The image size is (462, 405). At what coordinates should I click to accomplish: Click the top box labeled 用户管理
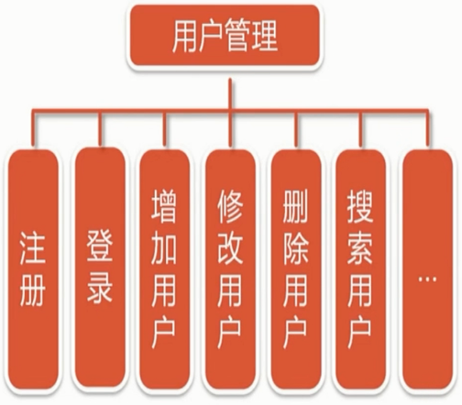[x=225, y=36]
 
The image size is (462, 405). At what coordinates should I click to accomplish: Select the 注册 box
[x=33, y=269]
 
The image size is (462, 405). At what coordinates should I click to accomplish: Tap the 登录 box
[x=100, y=268]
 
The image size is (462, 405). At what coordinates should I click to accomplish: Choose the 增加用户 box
[x=164, y=269]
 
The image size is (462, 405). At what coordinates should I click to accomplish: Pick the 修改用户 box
[x=230, y=269]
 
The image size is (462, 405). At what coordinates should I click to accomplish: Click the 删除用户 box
[x=296, y=269]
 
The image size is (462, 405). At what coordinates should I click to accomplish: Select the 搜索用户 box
[x=360, y=269]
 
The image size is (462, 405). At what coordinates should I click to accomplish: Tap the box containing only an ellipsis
[x=427, y=269]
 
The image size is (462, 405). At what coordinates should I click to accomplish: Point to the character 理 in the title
[x=265, y=36]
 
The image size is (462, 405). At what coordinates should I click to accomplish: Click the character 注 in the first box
[x=33, y=247]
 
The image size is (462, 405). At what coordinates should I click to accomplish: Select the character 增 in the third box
[x=164, y=205]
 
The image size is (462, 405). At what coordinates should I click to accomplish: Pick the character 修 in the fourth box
[x=230, y=205]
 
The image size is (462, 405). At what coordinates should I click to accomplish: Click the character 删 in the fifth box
[x=295, y=205]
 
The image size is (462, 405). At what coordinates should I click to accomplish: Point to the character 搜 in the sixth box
[x=360, y=205]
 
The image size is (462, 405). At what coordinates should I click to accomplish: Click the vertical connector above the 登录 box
[x=99, y=128]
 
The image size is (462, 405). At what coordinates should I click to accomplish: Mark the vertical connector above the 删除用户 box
[x=296, y=129]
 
